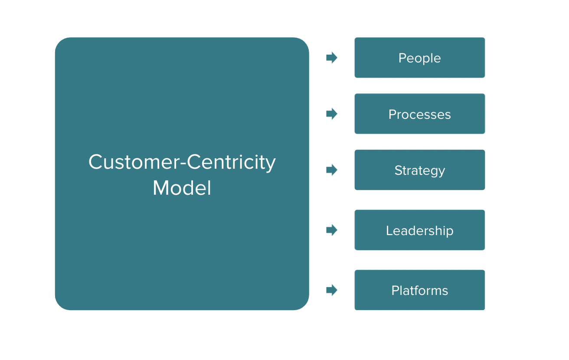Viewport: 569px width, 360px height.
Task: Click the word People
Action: click(419, 58)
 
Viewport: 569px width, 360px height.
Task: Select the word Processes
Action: click(419, 115)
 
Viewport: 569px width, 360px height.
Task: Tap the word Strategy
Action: click(419, 170)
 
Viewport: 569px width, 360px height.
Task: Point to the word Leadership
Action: click(419, 230)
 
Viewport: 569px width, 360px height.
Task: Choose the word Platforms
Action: click(419, 290)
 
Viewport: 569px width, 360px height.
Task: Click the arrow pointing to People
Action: click(332, 58)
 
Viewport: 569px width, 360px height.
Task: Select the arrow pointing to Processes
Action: click(332, 114)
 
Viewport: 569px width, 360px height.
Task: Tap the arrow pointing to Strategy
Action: click(332, 170)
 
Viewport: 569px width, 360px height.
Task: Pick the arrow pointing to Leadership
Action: click(332, 230)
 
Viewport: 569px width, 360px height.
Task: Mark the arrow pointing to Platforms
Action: click(332, 290)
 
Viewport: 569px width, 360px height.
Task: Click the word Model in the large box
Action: click(182, 188)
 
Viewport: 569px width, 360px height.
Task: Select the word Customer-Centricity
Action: click(182, 162)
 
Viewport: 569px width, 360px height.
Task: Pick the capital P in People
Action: click(402, 58)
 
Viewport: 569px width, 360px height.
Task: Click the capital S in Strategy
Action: click(398, 170)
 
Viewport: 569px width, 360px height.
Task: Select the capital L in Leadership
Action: click(389, 230)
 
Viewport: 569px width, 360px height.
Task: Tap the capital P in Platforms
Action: click(395, 290)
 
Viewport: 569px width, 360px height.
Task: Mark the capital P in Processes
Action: click(392, 115)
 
